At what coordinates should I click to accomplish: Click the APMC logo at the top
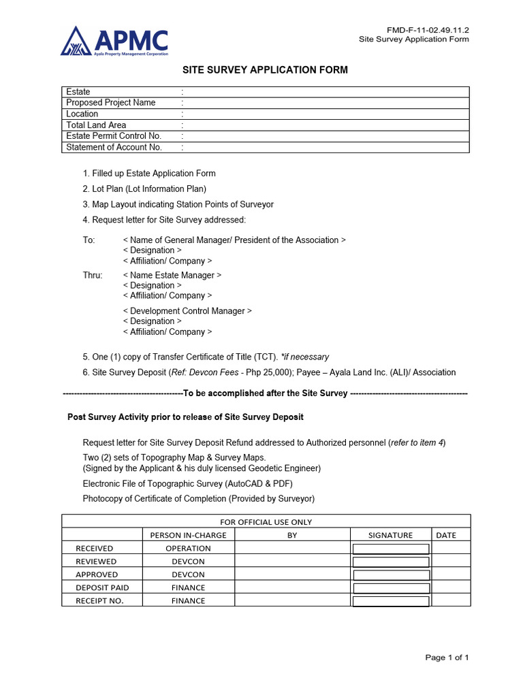click(x=114, y=42)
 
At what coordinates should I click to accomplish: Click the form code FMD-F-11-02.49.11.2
click(x=428, y=30)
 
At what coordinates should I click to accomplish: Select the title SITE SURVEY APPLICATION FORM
click(x=265, y=70)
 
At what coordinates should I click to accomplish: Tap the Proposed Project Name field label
click(x=110, y=103)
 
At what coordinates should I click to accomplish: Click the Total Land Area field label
click(x=96, y=125)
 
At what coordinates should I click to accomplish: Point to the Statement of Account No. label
click(x=114, y=147)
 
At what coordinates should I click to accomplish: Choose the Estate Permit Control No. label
click(x=114, y=136)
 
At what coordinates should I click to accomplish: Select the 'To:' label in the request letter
click(x=89, y=240)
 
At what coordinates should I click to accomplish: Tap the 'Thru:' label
click(x=93, y=276)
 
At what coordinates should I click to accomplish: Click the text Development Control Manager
click(x=187, y=311)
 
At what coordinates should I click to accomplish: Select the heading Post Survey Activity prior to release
click(x=185, y=417)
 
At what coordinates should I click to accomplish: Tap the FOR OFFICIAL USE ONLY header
click(x=266, y=522)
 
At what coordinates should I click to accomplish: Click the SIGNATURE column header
click(x=390, y=535)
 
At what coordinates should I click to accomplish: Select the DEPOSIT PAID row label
click(x=102, y=587)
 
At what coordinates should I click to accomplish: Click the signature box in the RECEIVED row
click(x=390, y=549)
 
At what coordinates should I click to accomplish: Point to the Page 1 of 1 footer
click(x=447, y=658)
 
